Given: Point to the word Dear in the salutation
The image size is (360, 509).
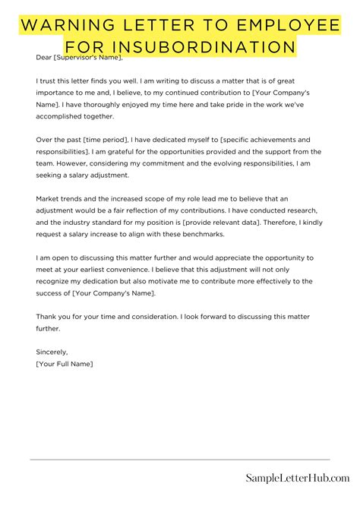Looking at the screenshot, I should pos(44,57).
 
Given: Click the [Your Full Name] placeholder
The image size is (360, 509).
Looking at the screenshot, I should pos(65,365).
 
